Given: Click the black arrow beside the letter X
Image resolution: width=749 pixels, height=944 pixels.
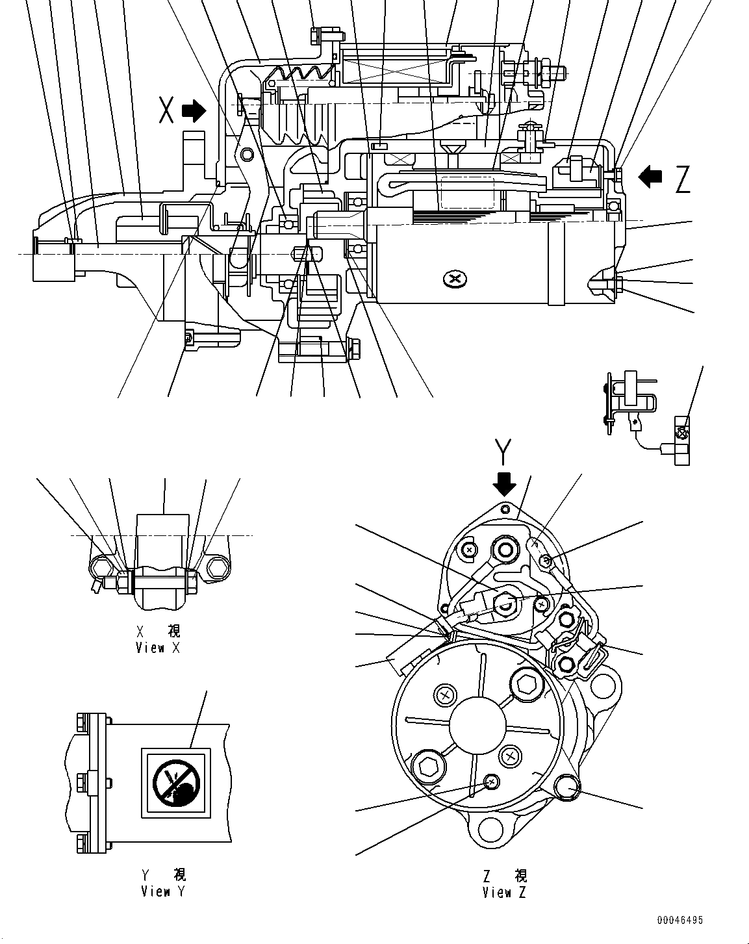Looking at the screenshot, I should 193,111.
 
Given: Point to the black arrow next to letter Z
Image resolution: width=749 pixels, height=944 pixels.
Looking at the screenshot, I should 651,176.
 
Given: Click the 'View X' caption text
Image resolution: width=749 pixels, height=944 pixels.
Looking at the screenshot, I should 159,648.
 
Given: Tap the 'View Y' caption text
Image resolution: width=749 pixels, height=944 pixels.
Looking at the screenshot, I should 163,892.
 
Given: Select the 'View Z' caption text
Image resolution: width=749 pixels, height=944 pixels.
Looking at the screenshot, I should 505,893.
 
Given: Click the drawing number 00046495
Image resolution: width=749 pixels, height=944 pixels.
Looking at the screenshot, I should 679,921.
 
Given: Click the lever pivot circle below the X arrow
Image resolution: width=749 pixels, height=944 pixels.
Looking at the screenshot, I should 246,154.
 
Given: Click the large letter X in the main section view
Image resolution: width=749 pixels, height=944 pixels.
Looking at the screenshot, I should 167,112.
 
